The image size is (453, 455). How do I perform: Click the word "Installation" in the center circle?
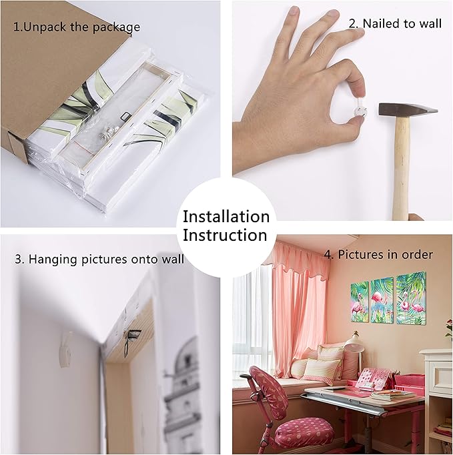(226, 216)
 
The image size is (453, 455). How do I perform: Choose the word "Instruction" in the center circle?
(225, 235)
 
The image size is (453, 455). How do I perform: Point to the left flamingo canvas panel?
(360, 302)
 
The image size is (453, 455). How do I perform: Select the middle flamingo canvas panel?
(382, 299)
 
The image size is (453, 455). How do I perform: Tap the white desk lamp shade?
(355, 340)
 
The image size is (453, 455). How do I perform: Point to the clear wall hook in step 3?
(66, 350)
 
